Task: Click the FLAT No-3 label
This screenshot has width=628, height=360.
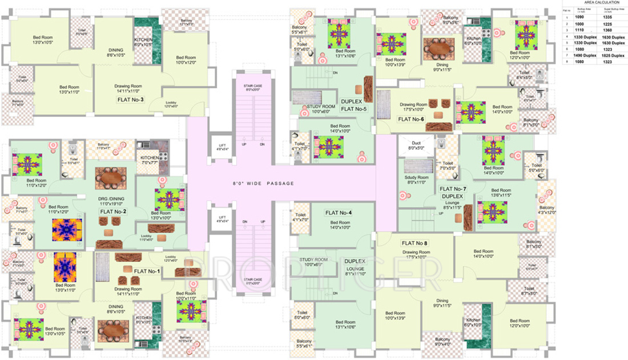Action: (130, 99)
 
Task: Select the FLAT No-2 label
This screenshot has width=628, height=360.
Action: (113, 211)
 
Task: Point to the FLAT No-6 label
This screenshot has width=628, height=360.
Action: (411, 119)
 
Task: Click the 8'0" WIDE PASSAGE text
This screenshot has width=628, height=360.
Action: (263, 183)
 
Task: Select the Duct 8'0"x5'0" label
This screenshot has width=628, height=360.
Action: (417, 145)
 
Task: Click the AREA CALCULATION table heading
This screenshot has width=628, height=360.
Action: (594, 3)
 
